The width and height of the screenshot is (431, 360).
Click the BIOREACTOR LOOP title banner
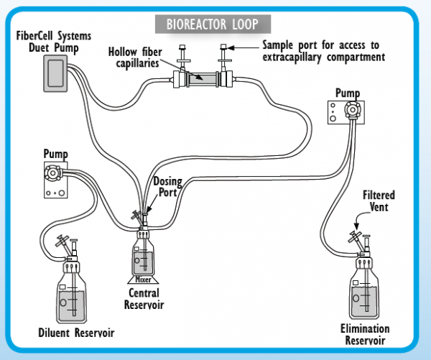213,24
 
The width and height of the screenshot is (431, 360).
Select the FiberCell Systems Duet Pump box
55,73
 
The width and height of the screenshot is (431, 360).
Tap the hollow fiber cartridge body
203,79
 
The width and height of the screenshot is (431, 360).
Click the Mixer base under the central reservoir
143,280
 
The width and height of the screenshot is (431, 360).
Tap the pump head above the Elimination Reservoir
352,110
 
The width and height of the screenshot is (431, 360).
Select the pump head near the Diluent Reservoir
52,172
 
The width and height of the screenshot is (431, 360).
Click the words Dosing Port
167,187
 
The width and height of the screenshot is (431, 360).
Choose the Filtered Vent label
379,201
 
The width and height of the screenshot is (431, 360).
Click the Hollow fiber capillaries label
135,57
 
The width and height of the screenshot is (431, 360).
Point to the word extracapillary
292,57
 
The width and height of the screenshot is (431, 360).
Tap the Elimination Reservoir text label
365,334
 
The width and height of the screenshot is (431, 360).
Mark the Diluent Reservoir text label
76,333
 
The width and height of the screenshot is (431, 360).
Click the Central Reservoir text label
144,299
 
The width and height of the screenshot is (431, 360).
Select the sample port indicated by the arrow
224,57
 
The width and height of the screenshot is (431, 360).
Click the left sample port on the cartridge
182,57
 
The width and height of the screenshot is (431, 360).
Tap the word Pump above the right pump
348,93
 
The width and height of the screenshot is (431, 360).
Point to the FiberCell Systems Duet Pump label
54,42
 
